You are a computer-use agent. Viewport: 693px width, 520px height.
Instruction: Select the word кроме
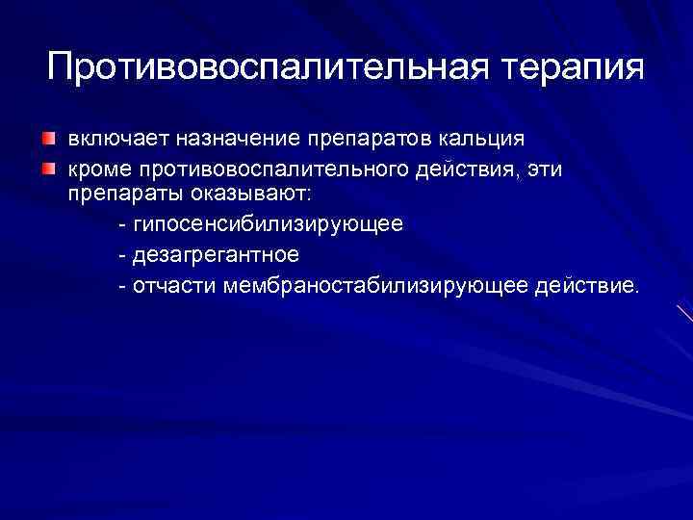coord(98,170)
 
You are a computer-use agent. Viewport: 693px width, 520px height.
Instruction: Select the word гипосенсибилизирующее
coord(269,224)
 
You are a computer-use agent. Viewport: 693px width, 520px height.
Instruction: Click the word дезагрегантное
coord(217,255)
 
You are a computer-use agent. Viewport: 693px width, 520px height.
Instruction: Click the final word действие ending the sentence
coord(589,286)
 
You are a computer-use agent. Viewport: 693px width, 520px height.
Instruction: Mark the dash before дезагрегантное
coord(121,256)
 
